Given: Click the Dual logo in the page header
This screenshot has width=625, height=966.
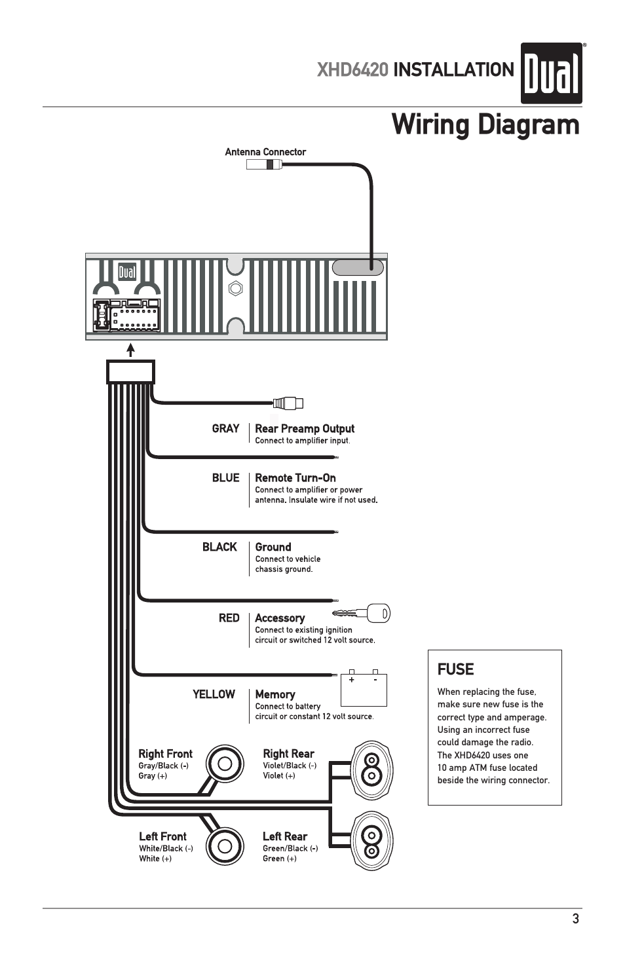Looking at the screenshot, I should tap(551, 73).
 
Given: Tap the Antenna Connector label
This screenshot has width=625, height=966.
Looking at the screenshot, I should tap(265, 152).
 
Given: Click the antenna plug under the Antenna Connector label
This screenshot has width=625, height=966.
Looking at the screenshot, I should tap(264, 165).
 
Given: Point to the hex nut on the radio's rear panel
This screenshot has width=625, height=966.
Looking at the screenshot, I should tap(236, 288).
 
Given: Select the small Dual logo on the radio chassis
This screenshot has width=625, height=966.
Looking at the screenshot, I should tap(127, 272).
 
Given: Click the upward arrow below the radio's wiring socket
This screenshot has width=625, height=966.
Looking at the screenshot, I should tap(131, 350).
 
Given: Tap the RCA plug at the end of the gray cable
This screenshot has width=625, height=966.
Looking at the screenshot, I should tap(288, 403).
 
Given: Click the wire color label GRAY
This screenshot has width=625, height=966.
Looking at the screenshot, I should tap(225, 428).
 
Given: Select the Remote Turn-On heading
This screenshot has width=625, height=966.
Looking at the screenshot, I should tap(295, 478).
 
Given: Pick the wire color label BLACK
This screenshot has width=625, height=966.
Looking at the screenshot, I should tap(219, 547).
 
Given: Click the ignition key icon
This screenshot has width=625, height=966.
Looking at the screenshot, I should tap(362, 614).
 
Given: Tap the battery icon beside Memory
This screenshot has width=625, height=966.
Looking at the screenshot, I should tap(364, 688).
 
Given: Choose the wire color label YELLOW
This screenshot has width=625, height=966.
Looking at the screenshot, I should tap(214, 694).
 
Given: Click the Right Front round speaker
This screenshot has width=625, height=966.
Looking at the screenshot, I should tap(225, 764).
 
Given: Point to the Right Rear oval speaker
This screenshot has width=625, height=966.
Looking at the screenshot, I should tap(371, 769).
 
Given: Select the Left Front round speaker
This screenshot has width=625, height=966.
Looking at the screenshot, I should tap(225, 845).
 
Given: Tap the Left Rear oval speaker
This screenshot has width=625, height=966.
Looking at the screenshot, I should tap(371, 842).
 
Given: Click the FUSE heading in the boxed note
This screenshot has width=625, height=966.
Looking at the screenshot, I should tap(455, 669).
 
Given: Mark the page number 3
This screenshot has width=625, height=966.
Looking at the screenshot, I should tap(575, 919).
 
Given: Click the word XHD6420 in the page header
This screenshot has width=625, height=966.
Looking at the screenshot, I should tap(352, 70).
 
